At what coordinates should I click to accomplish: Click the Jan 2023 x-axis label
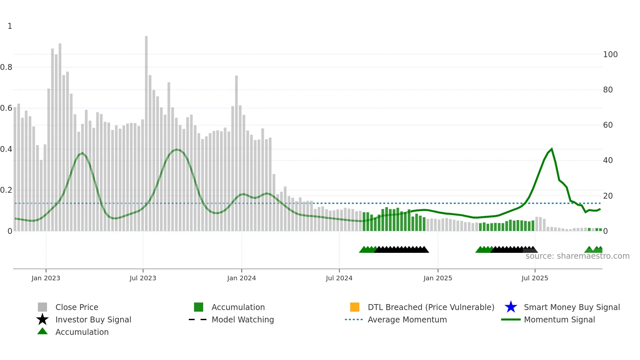(x=46, y=278)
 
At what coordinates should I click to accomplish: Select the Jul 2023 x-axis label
(x=143, y=278)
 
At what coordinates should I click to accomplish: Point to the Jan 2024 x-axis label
(x=241, y=278)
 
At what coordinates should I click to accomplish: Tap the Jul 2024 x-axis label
(x=339, y=278)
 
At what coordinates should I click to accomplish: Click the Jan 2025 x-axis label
(x=438, y=278)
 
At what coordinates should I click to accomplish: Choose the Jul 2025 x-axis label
(x=535, y=278)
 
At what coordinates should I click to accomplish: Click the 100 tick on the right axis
(x=610, y=55)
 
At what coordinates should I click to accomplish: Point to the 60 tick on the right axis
(x=608, y=125)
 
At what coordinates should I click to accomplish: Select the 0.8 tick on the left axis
(x=6, y=67)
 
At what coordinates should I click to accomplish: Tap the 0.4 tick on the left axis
(x=6, y=149)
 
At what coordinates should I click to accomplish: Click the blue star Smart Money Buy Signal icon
(x=511, y=307)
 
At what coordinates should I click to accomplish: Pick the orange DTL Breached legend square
(x=355, y=307)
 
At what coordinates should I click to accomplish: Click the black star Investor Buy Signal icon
(x=42, y=319)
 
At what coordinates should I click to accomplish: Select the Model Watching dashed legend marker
(x=198, y=319)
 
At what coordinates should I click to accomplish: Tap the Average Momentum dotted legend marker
(x=354, y=319)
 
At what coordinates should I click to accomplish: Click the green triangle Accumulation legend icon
(x=42, y=332)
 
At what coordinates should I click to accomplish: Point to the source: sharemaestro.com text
(x=577, y=256)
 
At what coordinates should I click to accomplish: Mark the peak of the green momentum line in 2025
(x=552, y=149)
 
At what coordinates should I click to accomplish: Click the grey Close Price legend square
(x=42, y=307)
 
